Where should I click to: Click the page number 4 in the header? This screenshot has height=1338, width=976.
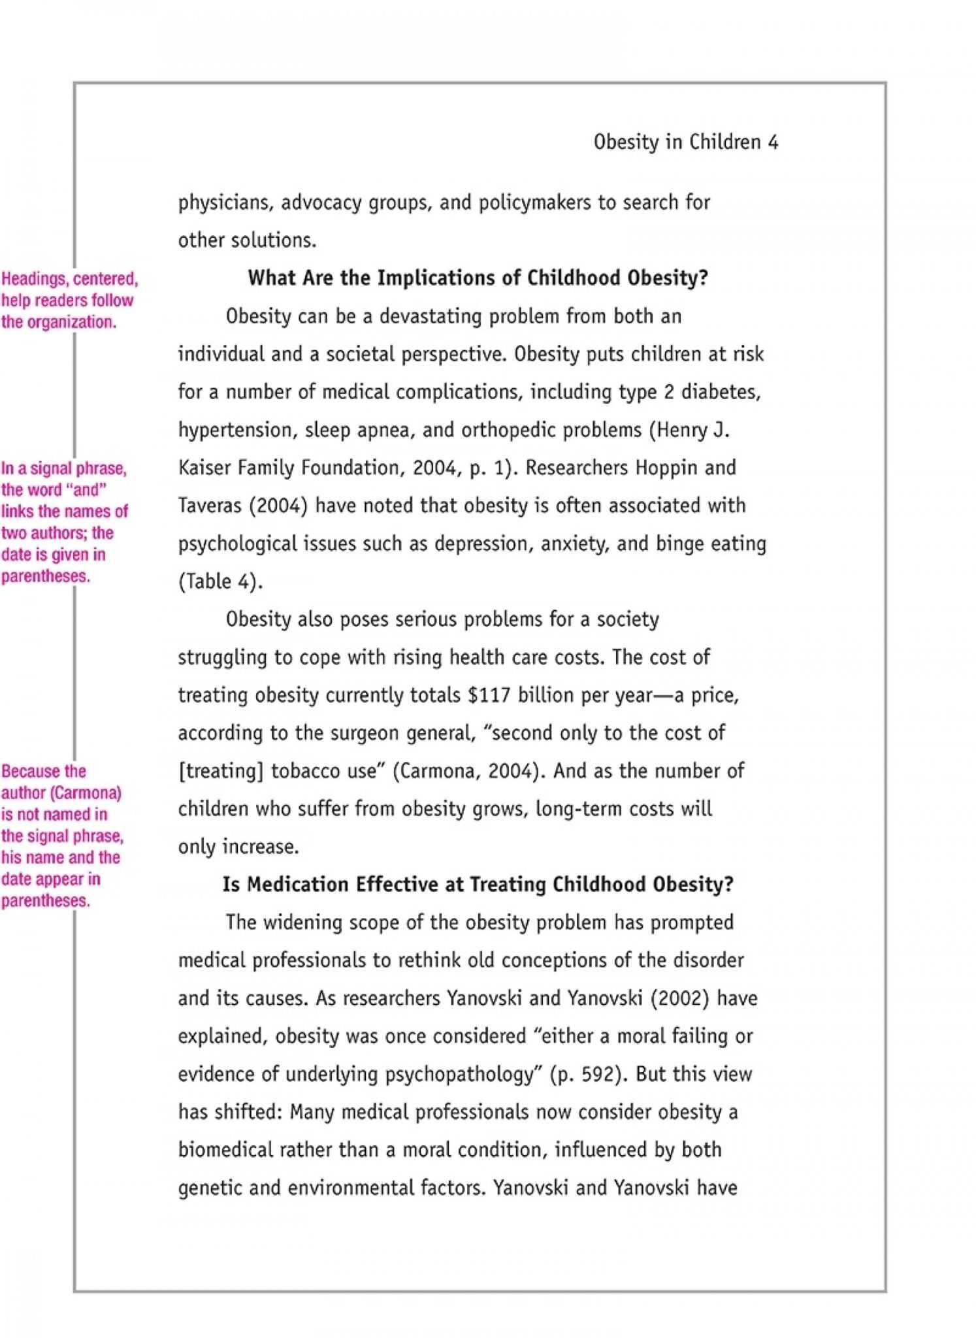pyautogui.click(x=773, y=142)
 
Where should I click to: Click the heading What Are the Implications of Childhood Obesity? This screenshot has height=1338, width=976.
pyautogui.click(x=478, y=278)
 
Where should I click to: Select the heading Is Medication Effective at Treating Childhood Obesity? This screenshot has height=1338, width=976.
pyautogui.click(x=478, y=885)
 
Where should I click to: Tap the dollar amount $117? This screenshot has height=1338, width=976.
pyautogui.click(x=489, y=695)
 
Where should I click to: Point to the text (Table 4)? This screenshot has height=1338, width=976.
pyautogui.click(x=220, y=581)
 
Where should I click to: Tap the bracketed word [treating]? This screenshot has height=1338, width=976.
pyautogui.click(x=220, y=772)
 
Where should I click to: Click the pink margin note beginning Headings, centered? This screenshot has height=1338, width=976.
pyautogui.click(x=69, y=300)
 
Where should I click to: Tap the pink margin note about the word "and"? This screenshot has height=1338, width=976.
pyautogui.click(x=64, y=522)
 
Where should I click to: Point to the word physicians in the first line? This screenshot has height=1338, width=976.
pyautogui.click(x=223, y=203)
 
